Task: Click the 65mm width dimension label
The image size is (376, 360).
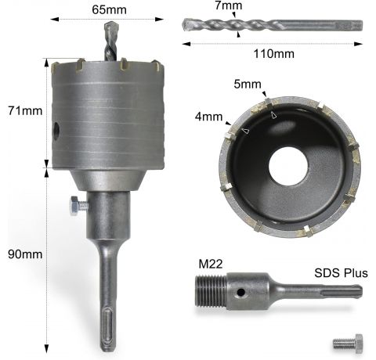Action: click(x=109, y=10)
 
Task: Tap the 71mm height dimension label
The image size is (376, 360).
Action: click(x=25, y=110)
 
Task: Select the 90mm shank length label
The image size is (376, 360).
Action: click(x=25, y=254)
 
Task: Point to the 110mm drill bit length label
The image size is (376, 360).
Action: click(x=274, y=54)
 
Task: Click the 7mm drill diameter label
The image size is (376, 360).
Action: click(x=229, y=5)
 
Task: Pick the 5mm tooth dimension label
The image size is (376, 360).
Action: click(x=248, y=85)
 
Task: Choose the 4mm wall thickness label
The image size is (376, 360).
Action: click(x=208, y=117)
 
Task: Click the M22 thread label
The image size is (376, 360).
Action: click(x=211, y=264)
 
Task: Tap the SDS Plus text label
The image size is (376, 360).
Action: click(x=341, y=273)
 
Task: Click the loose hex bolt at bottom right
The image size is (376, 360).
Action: click(x=348, y=344)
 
